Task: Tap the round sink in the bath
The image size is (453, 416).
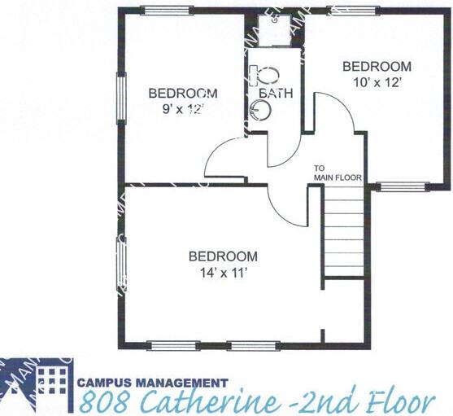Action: [x=259, y=112]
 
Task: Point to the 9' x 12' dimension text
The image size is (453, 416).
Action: [x=182, y=108]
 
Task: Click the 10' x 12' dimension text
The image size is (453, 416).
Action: [x=376, y=81]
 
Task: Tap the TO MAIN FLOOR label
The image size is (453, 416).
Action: [x=338, y=173]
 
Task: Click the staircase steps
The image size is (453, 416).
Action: [x=344, y=233]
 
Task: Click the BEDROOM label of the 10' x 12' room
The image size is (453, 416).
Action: [x=376, y=67]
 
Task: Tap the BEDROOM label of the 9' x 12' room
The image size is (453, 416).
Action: [x=182, y=93]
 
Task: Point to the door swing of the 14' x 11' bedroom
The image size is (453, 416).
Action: [x=287, y=208]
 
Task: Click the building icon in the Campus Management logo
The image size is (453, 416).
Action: [x=52, y=379]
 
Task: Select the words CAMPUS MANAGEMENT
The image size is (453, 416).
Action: [x=152, y=381]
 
